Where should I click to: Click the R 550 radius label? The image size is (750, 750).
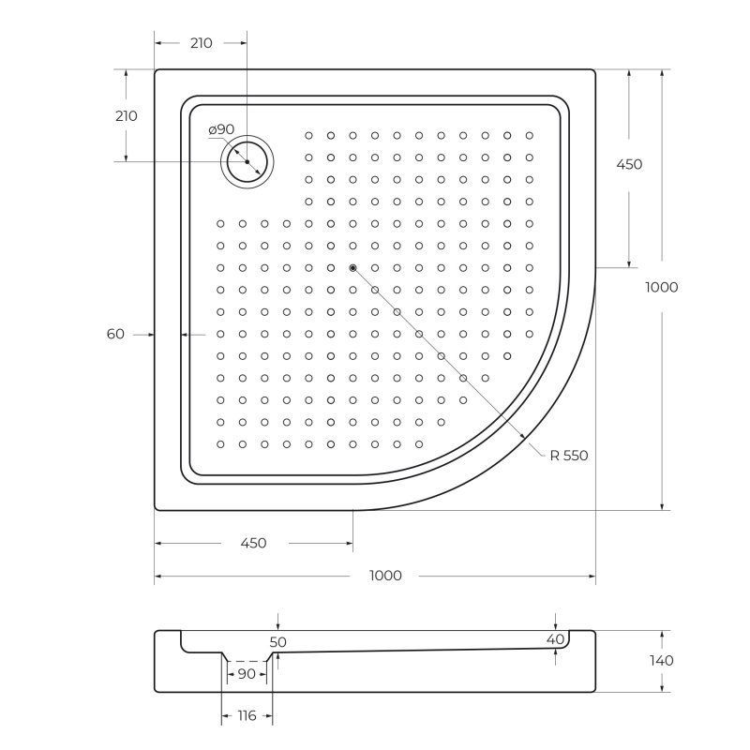[x=568, y=456]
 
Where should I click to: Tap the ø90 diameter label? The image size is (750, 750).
[x=221, y=129]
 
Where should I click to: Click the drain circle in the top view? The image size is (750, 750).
[x=247, y=161]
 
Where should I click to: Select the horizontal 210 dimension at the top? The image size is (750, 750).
[x=201, y=43]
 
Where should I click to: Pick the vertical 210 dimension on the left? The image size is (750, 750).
[x=126, y=116]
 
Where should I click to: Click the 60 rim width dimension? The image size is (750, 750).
[x=115, y=334]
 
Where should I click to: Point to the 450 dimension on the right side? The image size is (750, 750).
[x=629, y=164]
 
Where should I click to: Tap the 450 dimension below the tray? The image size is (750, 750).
[x=253, y=543]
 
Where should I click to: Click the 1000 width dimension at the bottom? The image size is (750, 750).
[x=384, y=576]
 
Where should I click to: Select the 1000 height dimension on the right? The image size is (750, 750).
[x=662, y=288]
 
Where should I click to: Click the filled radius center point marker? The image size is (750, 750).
[x=352, y=268]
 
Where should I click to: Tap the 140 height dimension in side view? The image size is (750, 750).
[x=662, y=660]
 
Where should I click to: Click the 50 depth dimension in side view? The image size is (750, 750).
[x=278, y=642]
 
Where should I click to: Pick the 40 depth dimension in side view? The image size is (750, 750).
[x=556, y=639]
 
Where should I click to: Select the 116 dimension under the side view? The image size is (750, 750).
[x=247, y=716]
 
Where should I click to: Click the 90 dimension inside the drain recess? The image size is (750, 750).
[x=247, y=674]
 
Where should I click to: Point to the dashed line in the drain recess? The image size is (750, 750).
[x=247, y=661]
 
